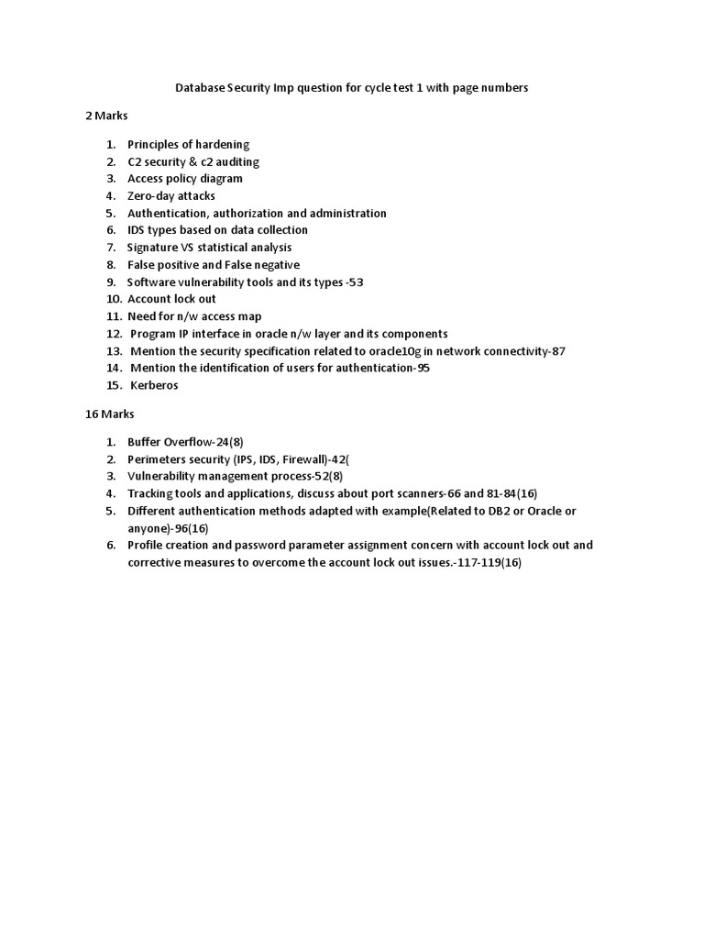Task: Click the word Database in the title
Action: pos(201,88)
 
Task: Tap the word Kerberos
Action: pos(154,385)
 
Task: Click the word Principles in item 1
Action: pos(154,145)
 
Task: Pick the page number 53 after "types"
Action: pos(355,282)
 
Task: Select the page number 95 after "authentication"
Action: pos(423,368)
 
